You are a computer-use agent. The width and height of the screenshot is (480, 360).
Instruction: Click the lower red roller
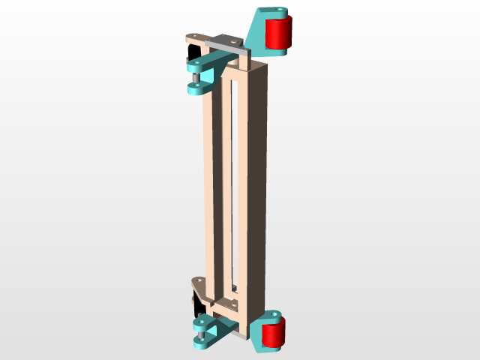(x=274, y=334)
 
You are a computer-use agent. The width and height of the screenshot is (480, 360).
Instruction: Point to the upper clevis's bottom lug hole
(x=196, y=87)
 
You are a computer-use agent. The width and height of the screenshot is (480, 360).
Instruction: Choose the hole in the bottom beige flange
(x=199, y=281)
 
